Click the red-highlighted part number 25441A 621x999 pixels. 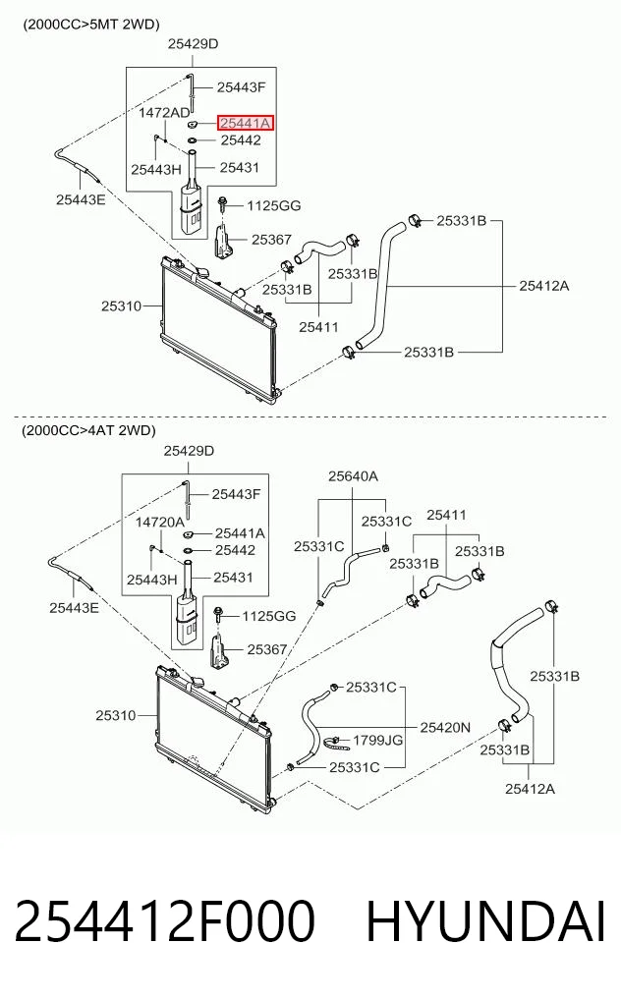point(246,123)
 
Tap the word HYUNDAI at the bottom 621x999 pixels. point(485,921)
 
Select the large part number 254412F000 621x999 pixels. point(164,921)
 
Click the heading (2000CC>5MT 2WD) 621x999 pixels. point(90,25)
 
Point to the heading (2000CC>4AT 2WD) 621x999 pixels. point(88,430)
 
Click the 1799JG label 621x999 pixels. point(378,740)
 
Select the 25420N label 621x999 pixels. point(445,727)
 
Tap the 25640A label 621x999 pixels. point(353,476)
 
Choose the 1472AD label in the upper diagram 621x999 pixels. point(164,113)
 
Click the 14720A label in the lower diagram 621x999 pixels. point(160,523)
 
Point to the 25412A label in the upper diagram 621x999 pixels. point(543,286)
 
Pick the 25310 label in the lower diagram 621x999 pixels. point(116,715)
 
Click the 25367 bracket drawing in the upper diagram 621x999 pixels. point(222,242)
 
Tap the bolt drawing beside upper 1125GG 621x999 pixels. point(221,205)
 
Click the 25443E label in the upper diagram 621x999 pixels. point(81,199)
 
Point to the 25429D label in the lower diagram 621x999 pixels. point(189,451)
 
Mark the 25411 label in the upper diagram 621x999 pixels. point(318,327)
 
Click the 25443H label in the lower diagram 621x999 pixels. point(151,580)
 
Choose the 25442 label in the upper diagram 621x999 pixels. point(241,140)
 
